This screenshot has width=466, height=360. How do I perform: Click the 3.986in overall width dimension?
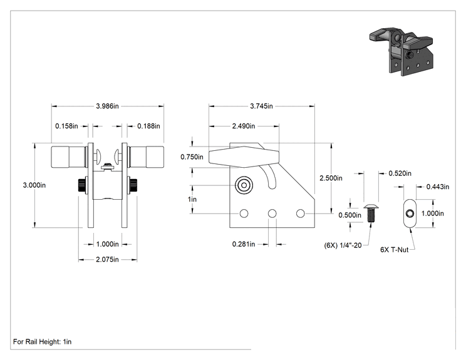[x=107, y=106]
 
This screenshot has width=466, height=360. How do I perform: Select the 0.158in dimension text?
[x=66, y=126]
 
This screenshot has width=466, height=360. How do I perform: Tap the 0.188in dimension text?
[x=148, y=126]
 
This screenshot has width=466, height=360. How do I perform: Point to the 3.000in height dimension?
[x=34, y=185]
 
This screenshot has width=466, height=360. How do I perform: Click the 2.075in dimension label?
[x=107, y=260]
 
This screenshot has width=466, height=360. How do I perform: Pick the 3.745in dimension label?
[x=262, y=106]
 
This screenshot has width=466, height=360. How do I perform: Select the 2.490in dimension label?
[x=244, y=126]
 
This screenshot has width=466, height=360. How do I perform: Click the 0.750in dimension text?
[x=192, y=157]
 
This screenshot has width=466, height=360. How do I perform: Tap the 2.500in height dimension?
[x=331, y=178]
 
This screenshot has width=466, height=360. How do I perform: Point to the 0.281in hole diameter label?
[x=244, y=244]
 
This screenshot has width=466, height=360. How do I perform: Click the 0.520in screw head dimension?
[x=400, y=173]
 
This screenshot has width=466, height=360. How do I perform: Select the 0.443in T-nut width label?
[x=438, y=187]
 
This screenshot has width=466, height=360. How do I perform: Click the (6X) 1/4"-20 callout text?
[x=343, y=245]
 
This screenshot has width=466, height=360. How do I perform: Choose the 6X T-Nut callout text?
[x=395, y=250]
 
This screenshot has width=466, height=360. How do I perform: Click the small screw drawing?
[x=371, y=213]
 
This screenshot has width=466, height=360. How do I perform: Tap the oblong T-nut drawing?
[x=410, y=213]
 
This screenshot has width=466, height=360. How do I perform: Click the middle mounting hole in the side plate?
[x=272, y=213]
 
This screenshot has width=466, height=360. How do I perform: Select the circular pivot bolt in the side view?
[x=244, y=185]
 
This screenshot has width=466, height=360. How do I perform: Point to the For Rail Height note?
[x=42, y=342]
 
